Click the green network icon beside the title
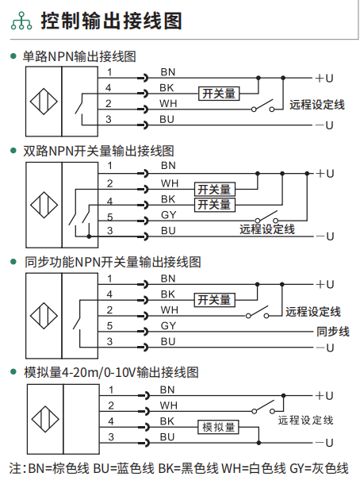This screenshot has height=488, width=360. coord(21,21)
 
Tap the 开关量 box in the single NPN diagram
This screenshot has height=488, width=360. coord(219,94)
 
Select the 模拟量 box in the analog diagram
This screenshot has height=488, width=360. coord(219,427)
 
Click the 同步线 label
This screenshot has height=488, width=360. coord(332,331)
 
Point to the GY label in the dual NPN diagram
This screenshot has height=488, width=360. coord(168,215)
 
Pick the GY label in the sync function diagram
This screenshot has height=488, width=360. coord(168,325)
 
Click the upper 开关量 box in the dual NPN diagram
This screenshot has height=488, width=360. coord(215,189)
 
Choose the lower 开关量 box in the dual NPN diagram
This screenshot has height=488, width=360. coord(215,205)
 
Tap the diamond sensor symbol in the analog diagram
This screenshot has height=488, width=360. coord(45,419)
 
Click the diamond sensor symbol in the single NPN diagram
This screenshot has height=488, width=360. coord(44,102)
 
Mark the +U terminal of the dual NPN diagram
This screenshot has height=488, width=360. coord(325,174)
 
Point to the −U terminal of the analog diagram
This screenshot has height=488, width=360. coord(324,443)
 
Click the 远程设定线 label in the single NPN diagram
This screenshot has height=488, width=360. coord(317,105)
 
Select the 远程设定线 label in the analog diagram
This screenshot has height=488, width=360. coord(305,420)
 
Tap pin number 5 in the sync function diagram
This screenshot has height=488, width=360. coord(109,326)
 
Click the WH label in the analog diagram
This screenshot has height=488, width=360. coord(168,405)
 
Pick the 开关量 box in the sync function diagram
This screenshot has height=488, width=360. coord(215,300)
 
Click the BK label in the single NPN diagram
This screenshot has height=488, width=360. coord(167,88)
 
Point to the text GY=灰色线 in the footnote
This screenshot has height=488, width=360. coord(320,468)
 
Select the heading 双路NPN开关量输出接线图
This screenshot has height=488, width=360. coord(99,151)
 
